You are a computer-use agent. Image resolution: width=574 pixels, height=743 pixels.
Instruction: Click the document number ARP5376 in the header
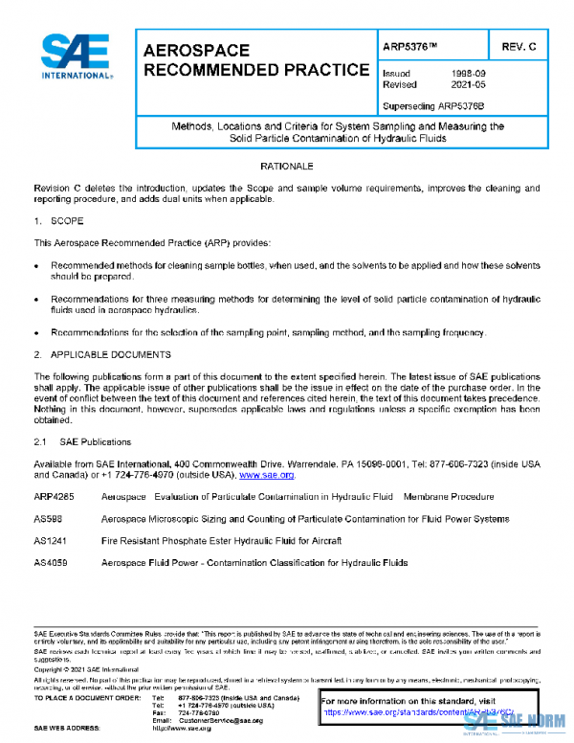pyautogui.click(x=409, y=46)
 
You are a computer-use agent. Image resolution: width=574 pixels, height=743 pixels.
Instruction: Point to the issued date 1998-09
pyautogui.click(x=467, y=73)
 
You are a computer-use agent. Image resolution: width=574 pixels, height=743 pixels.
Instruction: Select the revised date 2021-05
pyautogui.click(x=467, y=85)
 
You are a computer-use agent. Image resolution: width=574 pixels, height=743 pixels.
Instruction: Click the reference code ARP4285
pyautogui.click(x=54, y=497)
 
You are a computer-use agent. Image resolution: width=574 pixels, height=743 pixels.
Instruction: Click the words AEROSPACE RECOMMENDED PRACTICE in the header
pyautogui.click(x=254, y=60)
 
